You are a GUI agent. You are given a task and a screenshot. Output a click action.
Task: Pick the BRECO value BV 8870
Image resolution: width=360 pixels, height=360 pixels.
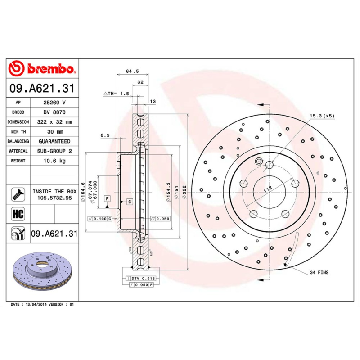point(54,112)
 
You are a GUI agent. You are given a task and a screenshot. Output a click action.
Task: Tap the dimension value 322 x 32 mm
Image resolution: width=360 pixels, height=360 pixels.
point(54,122)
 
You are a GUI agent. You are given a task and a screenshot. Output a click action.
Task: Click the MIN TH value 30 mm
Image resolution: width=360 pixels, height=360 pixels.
point(54,132)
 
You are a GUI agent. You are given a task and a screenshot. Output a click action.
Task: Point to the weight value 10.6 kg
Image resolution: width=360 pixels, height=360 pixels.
point(54,161)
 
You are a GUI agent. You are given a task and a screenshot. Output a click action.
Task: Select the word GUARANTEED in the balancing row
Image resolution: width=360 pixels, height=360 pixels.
point(54,141)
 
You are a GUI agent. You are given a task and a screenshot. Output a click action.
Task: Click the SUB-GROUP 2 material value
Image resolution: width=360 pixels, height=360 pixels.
point(54,151)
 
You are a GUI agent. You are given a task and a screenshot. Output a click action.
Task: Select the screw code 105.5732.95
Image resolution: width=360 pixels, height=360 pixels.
point(54,198)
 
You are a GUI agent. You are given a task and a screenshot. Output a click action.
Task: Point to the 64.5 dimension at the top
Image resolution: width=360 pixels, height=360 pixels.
point(132,71)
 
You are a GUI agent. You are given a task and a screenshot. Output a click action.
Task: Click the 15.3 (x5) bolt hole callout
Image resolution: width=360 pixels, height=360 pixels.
point(322,116)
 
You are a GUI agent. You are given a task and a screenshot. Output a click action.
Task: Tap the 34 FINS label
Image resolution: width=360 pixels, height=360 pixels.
point(319,273)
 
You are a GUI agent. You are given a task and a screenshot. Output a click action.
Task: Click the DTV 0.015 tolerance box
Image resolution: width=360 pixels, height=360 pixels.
point(143,279)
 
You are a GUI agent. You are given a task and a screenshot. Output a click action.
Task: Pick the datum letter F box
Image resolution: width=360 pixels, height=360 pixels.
point(108,198)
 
